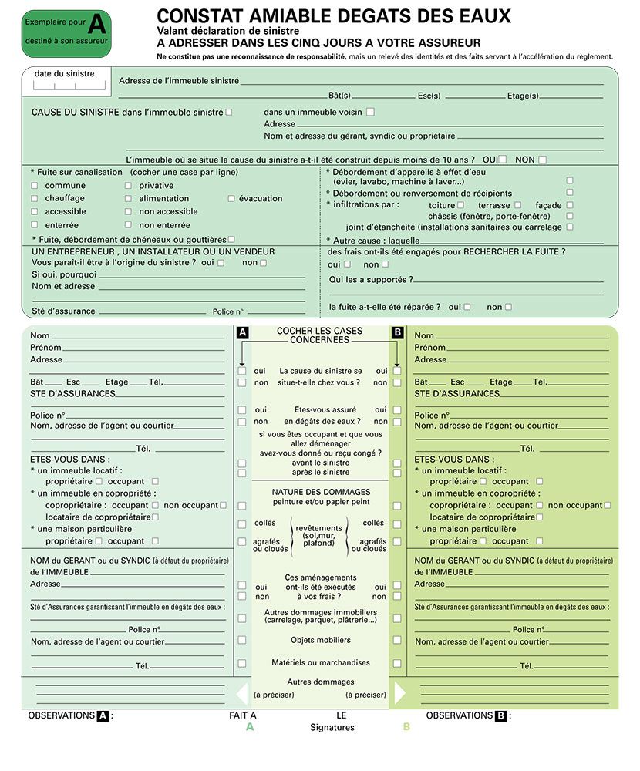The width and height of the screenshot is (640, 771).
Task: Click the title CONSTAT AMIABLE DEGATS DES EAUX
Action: tap(333, 15)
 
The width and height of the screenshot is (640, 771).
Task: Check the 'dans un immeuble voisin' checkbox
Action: tap(370, 112)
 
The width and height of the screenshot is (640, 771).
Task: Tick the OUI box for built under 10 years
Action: tap(503, 160)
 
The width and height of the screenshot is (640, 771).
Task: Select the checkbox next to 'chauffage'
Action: tap(34, 198)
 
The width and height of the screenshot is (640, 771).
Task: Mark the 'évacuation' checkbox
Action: tap(231, 198)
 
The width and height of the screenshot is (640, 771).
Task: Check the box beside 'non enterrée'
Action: tap(128, 225)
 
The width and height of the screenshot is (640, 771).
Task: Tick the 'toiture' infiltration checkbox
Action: tap(460, 205)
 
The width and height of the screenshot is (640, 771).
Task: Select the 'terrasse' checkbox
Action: tap(517, 205)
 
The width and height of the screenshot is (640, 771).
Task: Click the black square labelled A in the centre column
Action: tap(242, 332)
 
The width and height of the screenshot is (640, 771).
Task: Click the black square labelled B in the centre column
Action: tap(397, 332)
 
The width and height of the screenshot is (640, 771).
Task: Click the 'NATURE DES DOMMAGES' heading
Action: tap(321, 492)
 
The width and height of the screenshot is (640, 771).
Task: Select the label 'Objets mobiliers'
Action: tap(321, 640)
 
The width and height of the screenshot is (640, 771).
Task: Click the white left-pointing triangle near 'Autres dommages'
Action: tap(241, 692)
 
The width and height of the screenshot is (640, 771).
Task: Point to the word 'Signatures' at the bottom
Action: tap(332, 727)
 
